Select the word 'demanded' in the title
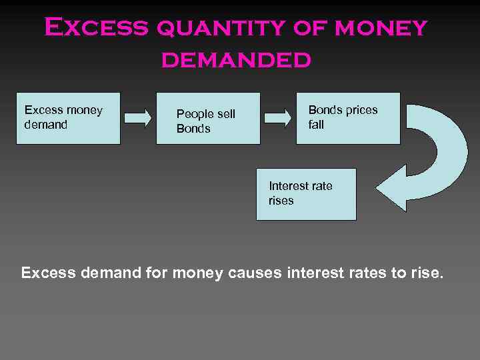click(x=235, y=60)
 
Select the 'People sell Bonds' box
click(x=208, y=118)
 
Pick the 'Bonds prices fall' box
click(x=348, y=118)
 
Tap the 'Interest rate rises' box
click(x=307, y=194)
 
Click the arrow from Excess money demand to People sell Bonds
click(x=138, y=118)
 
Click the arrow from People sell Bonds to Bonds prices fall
click(x=278, y=118)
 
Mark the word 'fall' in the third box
click(x=316, y=125)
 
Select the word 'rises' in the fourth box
click(x=281, y=201)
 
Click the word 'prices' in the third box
click(x=361, y=110)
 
